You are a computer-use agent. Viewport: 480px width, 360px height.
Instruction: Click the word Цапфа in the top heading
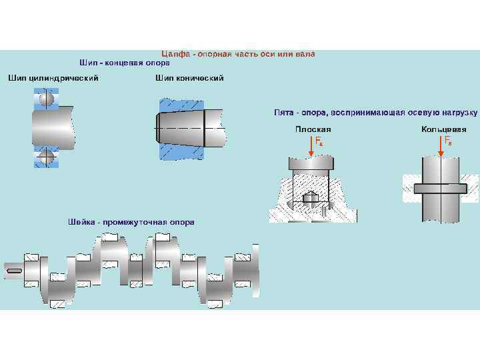point(175,53)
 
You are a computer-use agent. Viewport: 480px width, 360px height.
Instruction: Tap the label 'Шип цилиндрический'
point(53,78)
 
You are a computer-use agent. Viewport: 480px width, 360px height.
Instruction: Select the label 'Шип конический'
point(189,78)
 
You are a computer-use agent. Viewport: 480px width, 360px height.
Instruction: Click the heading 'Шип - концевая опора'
point(125,63)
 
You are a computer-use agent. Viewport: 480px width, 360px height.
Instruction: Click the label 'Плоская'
point(313,129)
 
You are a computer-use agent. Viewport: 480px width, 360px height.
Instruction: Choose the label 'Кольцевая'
point(444,129)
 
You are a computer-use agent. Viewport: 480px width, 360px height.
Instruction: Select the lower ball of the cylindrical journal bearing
point(47,158)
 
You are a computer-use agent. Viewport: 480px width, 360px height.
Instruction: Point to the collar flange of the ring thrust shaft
point(441,188)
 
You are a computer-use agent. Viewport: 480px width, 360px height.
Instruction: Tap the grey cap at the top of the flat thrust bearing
point(309,163)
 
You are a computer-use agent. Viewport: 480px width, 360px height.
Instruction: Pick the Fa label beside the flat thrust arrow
point(319,141)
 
